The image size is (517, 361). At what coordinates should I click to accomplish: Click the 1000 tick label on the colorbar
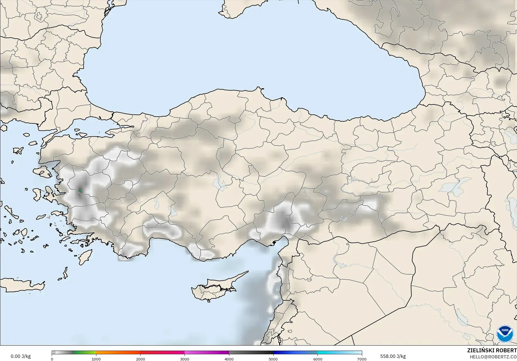(96, 359)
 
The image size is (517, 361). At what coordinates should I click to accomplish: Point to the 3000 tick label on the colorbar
(185, 359)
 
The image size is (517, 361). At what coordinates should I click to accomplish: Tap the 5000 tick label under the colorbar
(273, 359)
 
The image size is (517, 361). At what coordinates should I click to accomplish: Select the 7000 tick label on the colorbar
(362, 359)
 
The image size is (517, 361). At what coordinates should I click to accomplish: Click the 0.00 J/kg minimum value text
(21, 356)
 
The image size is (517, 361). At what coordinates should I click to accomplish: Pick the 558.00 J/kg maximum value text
(393, 356)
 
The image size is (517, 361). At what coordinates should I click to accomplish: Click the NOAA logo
(505, 334)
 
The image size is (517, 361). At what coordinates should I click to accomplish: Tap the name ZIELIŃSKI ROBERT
(492, 350)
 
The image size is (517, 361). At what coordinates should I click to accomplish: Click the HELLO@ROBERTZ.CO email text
(493, 356)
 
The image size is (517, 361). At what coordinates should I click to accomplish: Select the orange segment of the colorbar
(118, 353)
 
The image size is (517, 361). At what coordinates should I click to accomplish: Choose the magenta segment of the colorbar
(207, 353)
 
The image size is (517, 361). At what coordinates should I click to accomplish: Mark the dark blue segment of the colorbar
(295, 353)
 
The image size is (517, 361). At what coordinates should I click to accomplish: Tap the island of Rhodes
(85, 257)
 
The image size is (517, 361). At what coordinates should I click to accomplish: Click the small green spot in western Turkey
(80, 191)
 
